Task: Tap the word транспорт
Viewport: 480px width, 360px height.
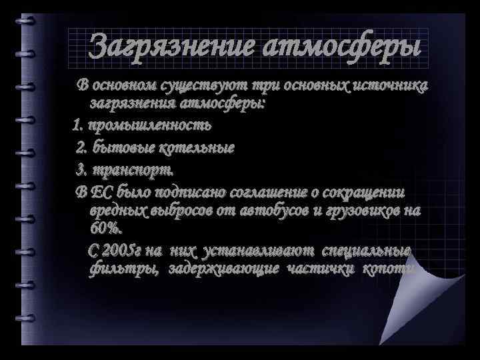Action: tap(128, 169)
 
